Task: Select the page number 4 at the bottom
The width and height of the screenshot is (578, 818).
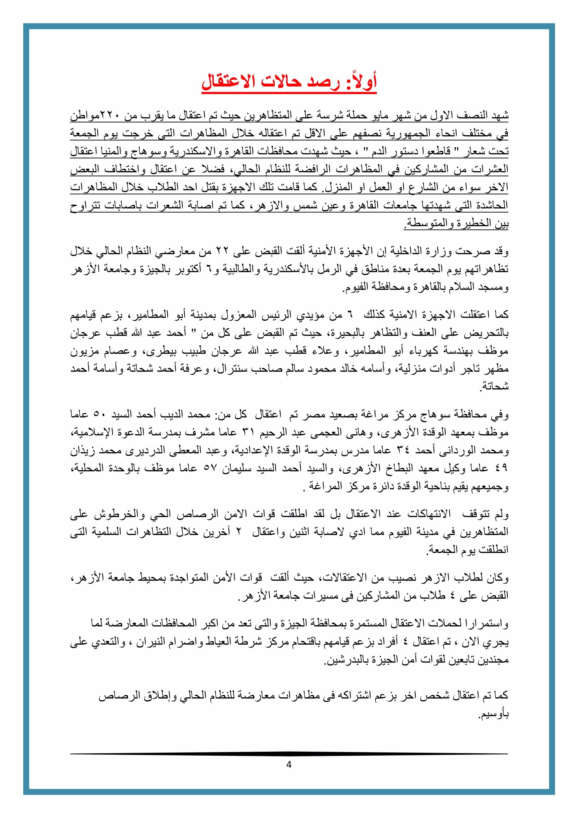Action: [x=289, y=765]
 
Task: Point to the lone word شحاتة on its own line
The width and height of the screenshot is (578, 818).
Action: [x=495, y=387]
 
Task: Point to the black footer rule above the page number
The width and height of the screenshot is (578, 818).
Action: [x=289, y=754]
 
